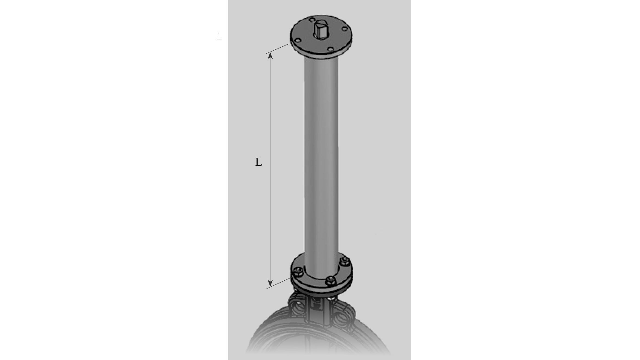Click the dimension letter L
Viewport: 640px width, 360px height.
(x=258, y=162)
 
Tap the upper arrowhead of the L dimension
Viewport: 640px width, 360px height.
(x=270, y=55)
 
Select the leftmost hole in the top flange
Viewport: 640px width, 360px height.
(x=298, y=41)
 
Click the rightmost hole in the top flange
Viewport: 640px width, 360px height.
(x=345, y=29)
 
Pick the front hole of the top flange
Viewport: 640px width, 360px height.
(x=330, y=49)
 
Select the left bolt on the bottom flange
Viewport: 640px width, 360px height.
(x=298, y=271)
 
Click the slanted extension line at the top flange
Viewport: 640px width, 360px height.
(x=277, y=49)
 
